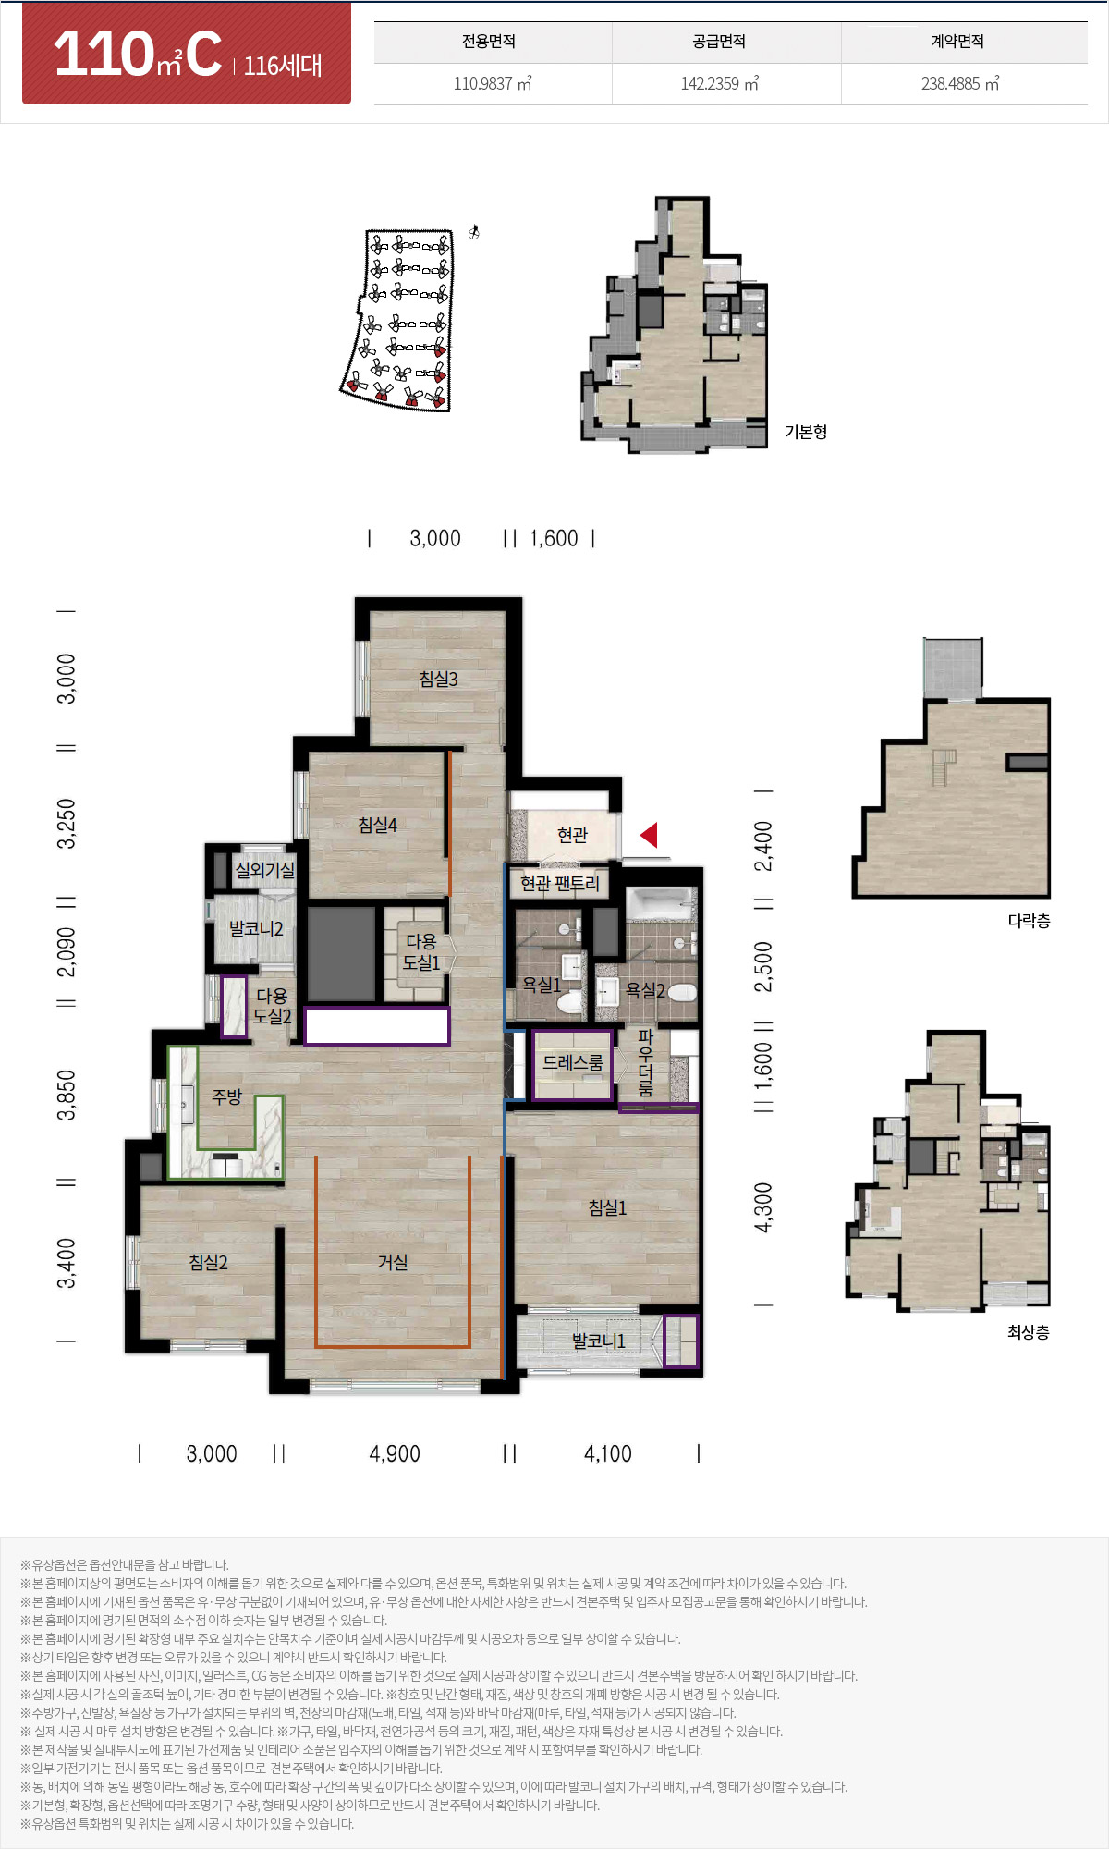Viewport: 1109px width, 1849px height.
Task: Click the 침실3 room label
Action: point(438,679)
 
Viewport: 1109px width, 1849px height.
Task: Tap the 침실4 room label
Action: point(377,825)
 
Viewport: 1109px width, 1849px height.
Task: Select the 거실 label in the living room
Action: point(393,1262)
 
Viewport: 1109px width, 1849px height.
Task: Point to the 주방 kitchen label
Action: point(226,1096)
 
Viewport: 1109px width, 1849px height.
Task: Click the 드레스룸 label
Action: point(572,1062)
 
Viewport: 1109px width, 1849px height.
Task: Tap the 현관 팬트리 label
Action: point(559,883)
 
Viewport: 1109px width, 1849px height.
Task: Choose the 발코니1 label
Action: point(598,1341)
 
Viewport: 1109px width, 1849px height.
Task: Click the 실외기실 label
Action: point(265,870)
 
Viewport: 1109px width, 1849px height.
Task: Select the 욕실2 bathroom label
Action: point(645,990)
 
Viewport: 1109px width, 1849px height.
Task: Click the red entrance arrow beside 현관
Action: point(649,835)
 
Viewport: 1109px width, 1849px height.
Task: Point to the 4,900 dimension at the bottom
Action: point(395,1454)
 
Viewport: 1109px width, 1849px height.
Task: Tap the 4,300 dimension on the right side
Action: point(762,1207)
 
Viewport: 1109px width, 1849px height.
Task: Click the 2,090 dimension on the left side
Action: point(67,952)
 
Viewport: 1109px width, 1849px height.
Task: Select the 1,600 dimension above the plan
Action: point(554,538)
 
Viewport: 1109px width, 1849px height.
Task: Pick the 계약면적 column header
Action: point(957,42)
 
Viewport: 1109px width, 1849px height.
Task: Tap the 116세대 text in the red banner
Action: point(283,65)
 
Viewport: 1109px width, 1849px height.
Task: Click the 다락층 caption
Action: point(1029,921)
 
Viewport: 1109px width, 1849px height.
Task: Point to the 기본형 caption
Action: point(806,432)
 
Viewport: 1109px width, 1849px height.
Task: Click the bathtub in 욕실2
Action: point(660,903)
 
